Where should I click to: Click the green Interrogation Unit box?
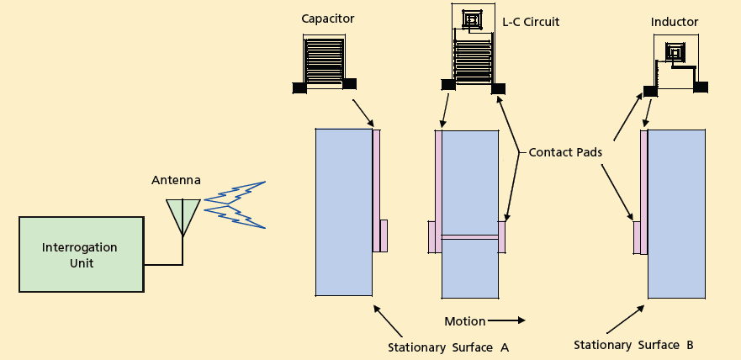(81, 254)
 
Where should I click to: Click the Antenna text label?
(175, 180)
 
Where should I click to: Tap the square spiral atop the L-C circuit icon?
(468, 18)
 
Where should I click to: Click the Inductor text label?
(675, 22)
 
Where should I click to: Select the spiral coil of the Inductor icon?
(674, 53)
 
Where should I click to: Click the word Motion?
(465, 321)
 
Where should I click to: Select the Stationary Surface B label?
(633, 345)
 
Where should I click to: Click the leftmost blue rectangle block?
(343, 212)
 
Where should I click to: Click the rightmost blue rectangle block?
(676, 214)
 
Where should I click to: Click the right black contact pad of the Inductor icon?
(700, 87)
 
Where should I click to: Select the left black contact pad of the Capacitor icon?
(299, 87)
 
